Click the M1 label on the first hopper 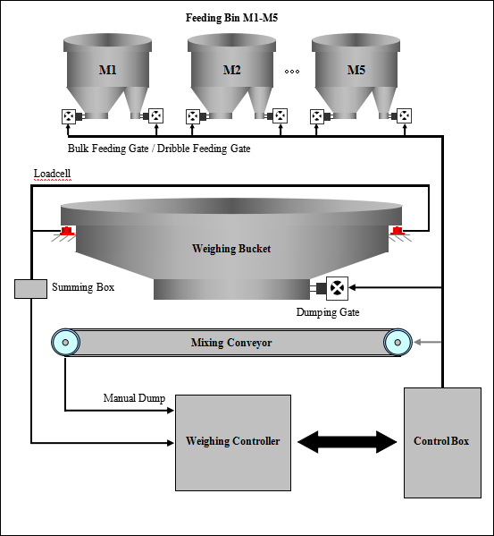click(107, 70)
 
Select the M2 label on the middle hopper click(231, 70)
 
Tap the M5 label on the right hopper click(356, 70)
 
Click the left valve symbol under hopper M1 click(69, 116)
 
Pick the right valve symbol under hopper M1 click(156, 115)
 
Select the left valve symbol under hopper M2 click(193, 116)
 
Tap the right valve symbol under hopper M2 click(280, 115)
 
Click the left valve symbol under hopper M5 click(317, 116)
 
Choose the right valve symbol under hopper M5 click(405, 115)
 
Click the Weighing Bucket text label click(231, 249)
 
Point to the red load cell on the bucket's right click(397, 231)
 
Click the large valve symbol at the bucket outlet click(337, 288)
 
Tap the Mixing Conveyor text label click(231, 343)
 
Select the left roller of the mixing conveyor click(64, 342)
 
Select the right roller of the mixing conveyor click(398, 342)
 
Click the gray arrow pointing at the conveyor click(429, 342)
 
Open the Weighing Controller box click(232, 442)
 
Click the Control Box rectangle click(442, 442)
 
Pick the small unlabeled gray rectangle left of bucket click(30, 288)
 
